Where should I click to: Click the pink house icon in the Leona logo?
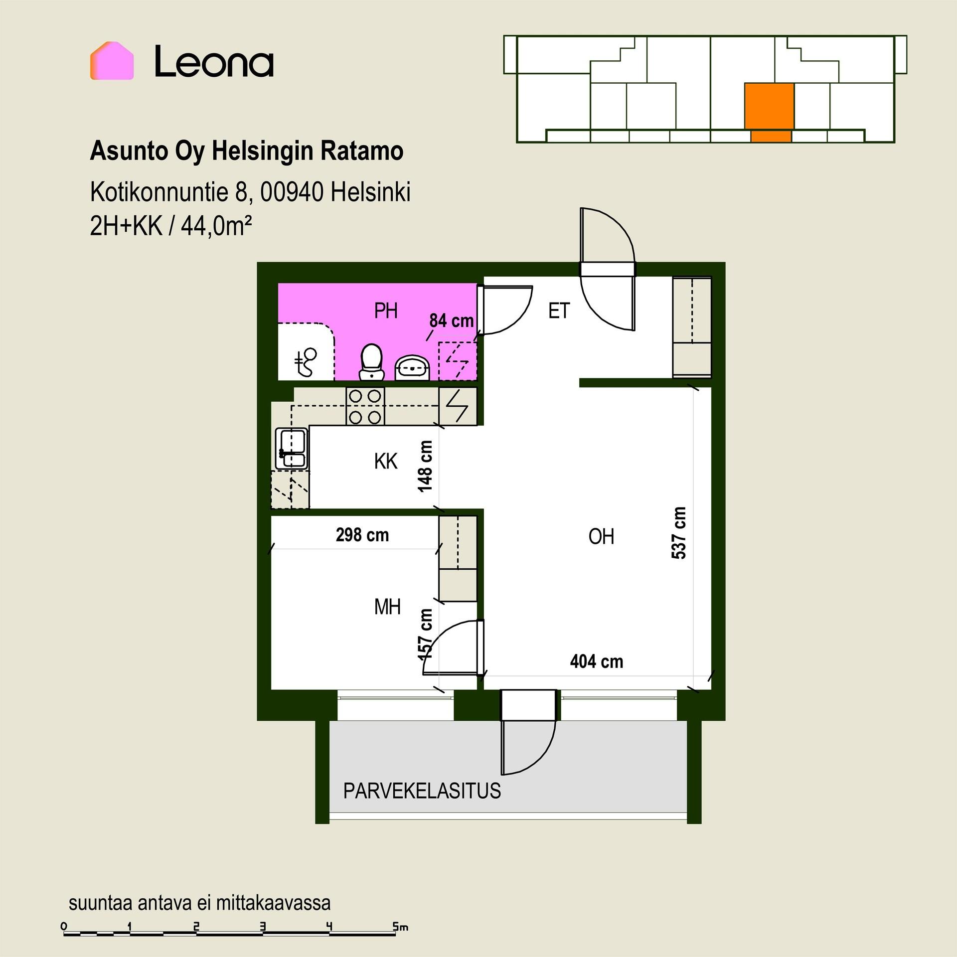[112, 61]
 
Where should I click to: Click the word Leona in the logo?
[214, 61]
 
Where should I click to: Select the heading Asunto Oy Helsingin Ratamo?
[246, 152]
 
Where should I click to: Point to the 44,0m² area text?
[216, 227]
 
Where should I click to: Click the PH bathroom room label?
[386, 311]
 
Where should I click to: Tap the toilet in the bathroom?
[371, 362]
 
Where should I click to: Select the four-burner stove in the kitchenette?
[365, 406]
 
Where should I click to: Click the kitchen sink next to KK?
[292, 448]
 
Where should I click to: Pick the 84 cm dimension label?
[452, 320]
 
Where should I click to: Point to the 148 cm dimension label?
[425, 466]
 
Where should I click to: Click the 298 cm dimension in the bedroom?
[362, 535]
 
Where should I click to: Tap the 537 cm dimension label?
[679, 533]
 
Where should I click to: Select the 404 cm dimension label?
[597, 661]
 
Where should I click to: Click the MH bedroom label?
[387, 607]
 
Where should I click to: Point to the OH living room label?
[601, 537]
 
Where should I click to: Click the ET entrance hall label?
[559, 311]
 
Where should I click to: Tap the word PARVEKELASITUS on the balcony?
[422, 791]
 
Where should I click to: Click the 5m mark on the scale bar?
[401, 927]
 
